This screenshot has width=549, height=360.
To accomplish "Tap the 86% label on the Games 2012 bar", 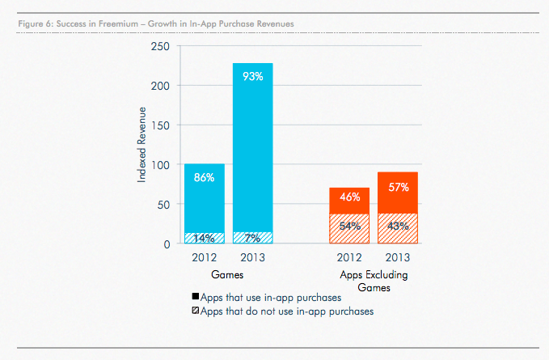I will coord(204,176).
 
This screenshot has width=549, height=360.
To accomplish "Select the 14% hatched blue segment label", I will coord(204,238).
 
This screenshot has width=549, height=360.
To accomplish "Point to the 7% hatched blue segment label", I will coord(253,238).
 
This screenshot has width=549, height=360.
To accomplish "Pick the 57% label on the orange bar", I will coord(398,186).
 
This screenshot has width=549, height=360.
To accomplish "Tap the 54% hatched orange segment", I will coord(349,227).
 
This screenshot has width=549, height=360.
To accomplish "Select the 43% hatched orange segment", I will coord(398,227).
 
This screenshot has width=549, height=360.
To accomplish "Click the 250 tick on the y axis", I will coord(160,47).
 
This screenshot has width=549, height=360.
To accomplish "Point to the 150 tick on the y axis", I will coord(160,125).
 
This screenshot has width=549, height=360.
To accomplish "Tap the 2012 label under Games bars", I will coord(204,259).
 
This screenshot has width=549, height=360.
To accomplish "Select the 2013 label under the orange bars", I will coord(398,259).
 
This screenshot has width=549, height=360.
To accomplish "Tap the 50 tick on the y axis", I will coord(163,204).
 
